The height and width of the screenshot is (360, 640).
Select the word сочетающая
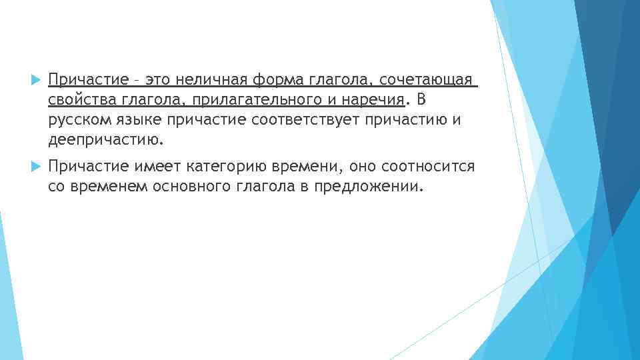(427, 80)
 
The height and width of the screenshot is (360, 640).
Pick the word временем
(107, 187)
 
